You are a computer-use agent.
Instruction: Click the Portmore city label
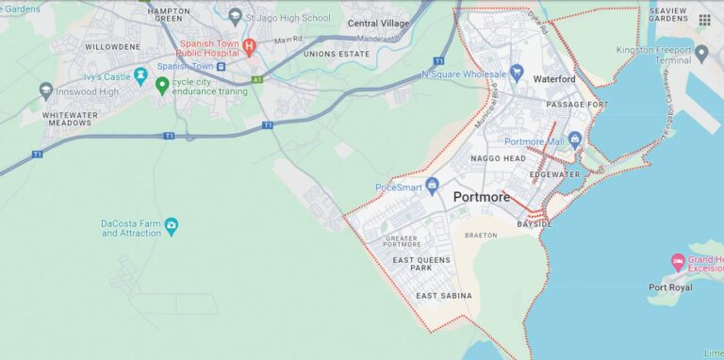481,197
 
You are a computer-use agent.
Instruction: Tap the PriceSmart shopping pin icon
432,185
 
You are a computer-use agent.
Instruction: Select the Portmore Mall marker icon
575,139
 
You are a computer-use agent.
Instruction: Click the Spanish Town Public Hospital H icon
249,44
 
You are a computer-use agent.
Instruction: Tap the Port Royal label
671,287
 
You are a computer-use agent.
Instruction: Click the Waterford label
553,80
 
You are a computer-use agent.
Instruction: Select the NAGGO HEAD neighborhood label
499,158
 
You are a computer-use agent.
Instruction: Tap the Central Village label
378,23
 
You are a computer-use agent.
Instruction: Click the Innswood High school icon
46,90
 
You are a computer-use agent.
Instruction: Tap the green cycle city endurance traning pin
162,86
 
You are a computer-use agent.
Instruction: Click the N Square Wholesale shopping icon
516,72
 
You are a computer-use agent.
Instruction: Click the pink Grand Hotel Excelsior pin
677,261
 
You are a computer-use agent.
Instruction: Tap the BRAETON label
481,235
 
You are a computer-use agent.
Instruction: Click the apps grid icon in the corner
704,20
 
